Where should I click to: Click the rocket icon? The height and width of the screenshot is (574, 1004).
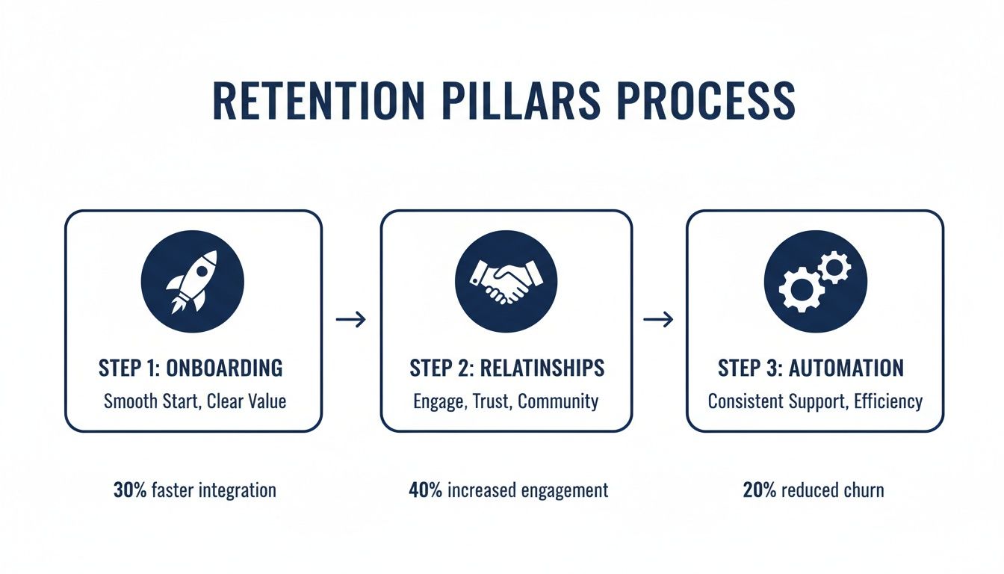coord(192,281)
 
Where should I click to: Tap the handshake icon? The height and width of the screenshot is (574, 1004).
coord(506,281)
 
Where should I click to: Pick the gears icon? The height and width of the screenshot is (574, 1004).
coord(814,281)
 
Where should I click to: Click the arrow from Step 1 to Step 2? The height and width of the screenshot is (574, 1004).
coord(351,320)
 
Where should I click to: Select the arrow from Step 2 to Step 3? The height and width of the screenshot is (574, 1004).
coord(658,320)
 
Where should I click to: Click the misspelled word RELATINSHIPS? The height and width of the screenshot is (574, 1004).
coord(542,368)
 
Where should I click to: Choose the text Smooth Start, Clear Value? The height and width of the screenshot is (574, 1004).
coord(194,401)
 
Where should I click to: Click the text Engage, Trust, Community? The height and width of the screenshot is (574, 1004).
coord(506,401)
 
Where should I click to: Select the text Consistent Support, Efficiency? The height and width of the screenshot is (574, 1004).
coord(815,401)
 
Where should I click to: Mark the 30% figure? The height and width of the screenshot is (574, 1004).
coord(129,490)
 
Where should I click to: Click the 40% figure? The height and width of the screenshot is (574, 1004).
coord(425,490)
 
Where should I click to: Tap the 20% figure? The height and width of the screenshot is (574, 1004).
coord(759,490)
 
